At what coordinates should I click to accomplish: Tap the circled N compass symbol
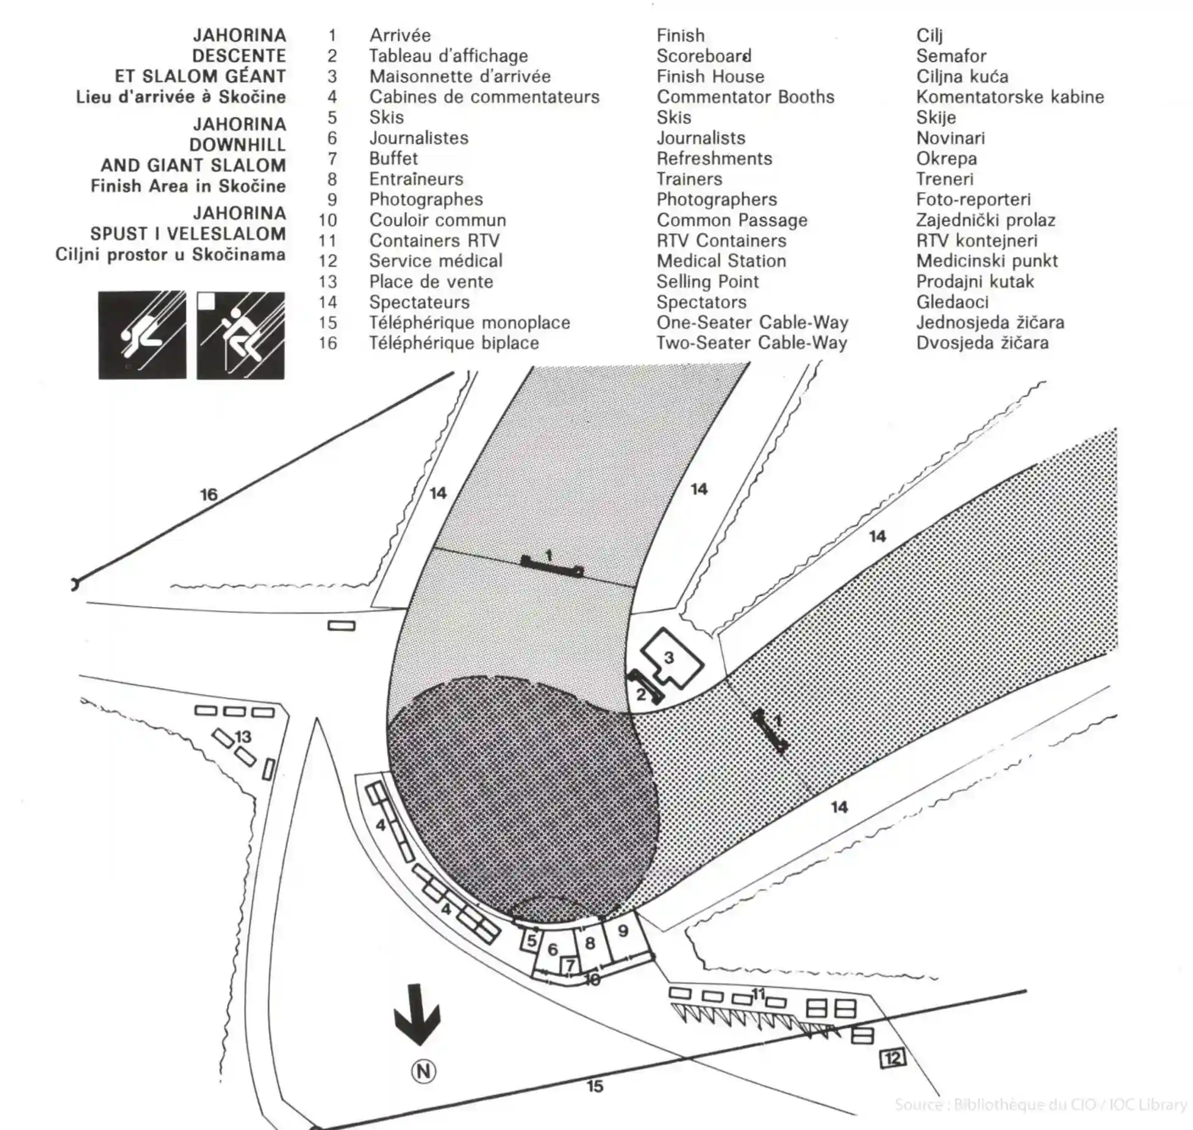423,1071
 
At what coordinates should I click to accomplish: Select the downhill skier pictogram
142,335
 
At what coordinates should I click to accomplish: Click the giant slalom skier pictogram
240,335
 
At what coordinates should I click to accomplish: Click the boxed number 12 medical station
892,1058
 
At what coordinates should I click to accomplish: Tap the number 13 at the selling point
243,737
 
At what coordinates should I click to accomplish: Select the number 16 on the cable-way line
209,494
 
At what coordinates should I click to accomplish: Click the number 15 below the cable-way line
595,1086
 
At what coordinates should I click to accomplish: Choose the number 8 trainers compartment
590,943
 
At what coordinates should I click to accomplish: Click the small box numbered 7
570,965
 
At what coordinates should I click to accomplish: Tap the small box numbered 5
531,941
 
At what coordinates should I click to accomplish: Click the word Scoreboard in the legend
703,56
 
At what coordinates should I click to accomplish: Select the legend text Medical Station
721,261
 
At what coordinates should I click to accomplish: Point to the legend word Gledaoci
952,302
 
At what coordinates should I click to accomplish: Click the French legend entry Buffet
393,158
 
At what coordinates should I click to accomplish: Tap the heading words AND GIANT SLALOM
193,165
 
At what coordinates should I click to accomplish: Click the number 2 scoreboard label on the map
641,694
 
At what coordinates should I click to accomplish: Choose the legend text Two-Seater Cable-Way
751,343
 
